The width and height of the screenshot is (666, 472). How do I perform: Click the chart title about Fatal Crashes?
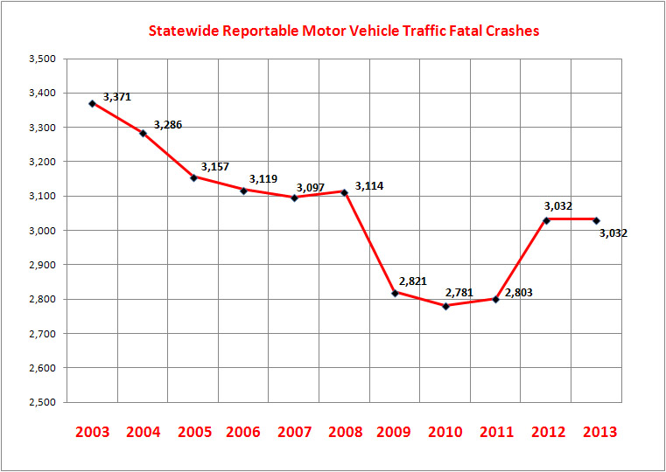(343, 31)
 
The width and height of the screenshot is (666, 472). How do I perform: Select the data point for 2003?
(93, 103)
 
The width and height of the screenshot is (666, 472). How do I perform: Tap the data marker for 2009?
(396, 293)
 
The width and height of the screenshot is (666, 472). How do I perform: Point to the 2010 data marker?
(446, 306)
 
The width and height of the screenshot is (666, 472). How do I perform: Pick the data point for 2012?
(547, 219)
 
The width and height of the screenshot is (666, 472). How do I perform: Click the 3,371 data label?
(117, 97)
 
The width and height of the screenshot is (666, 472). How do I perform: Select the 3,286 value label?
(168, 126)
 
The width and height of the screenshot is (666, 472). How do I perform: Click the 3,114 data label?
(368, 186)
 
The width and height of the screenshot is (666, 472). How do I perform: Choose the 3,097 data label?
(311, 187)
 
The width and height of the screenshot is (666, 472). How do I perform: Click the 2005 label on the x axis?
(194, 432)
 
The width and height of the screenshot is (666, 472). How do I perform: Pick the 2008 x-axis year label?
(346, 432)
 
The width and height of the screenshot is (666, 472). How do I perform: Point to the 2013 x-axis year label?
(599, 432)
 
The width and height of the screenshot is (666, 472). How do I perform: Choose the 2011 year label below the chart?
(497, 432)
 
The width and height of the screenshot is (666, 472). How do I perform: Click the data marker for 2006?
(244, 190)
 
